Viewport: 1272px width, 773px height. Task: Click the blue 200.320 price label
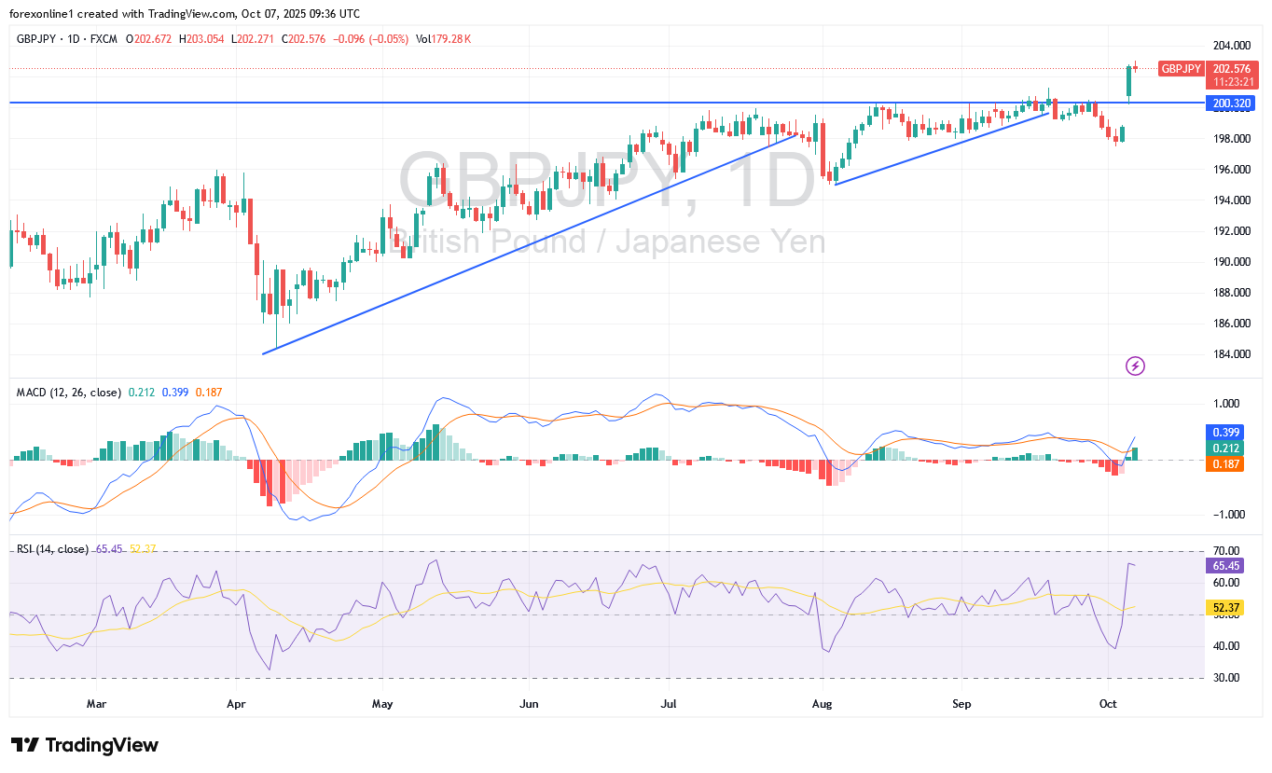tap(1231, 103)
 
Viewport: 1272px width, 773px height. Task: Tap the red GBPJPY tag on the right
tap(1181, 68)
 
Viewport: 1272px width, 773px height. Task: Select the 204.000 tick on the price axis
tap(1231, 46)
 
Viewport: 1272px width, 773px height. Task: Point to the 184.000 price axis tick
tap(1231, 354)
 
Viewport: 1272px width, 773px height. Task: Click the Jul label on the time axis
tap(668, 703)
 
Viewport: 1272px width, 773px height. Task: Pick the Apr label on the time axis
tap(236, 703)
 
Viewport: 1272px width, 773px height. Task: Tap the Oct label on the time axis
tap(1107, 703)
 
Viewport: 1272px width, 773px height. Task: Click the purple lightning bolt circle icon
tap(1135, 366)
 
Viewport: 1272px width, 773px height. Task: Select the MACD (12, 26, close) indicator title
tap(69, 393)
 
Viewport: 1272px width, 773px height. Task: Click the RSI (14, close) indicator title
tap(52, 549)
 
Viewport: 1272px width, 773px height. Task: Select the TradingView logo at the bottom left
tap(85, 745)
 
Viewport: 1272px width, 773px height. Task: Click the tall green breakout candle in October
tap(1128, 81)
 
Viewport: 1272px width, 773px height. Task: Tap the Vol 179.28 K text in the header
tap(443, 39)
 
